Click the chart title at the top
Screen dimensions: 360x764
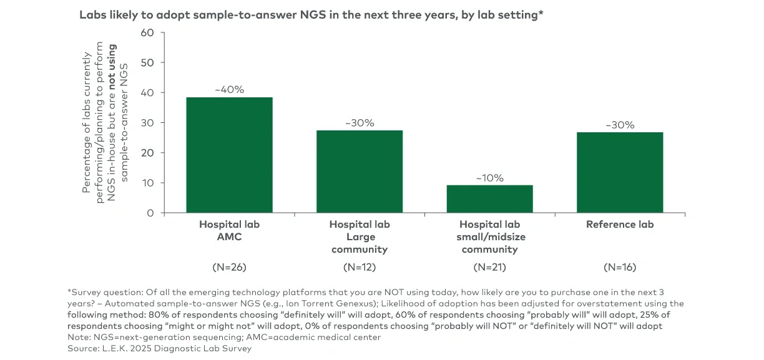pos(311,15)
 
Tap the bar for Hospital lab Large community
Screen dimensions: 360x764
pos(360,172)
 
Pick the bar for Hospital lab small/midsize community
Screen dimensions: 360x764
pos(489,199)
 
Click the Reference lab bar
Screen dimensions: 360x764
pos(619,172)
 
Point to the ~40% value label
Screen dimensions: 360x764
pos(229,90)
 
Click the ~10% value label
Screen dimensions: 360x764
pos(489,178)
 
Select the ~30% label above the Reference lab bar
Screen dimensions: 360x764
pos(619,125)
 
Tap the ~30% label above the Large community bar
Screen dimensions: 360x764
pos(360,123)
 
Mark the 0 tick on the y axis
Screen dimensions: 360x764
pos(149,213)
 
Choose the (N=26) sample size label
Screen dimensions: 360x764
pos(229,268)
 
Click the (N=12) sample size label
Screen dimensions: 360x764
pos(360,268)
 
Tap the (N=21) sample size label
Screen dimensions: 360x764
pos(489,268)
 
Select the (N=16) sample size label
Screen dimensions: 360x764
pos(619,268)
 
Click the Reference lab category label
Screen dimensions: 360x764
pos(619,225)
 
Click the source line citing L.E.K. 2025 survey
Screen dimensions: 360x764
pos(159,348)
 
